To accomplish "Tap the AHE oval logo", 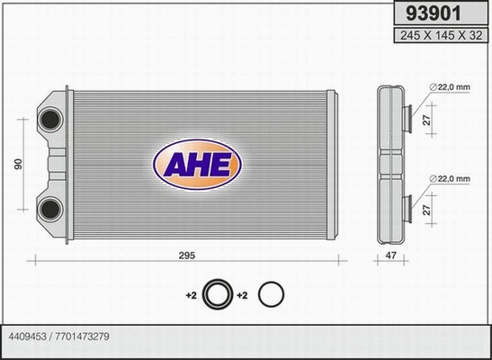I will (x=197, y=164).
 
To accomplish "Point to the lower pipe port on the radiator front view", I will (x=50, y=211).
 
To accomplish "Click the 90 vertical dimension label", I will (x=16, y=164).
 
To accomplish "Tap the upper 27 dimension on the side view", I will (x=429, y=116).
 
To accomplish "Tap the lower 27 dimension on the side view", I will (x=429, y=210).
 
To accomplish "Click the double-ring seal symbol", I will (x=216, y=294).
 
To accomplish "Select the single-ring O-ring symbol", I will (x=271, y=294).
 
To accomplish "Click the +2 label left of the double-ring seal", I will (x=191, y=295).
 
